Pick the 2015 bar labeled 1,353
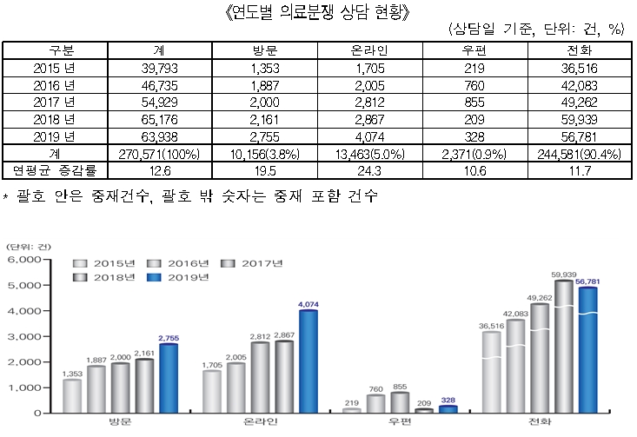[73, 395]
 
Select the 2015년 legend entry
[108, 262]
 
